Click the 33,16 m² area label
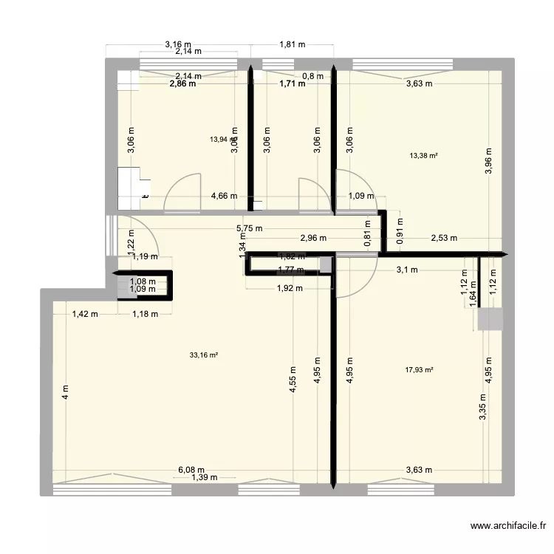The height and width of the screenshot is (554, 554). pyautogui.click(x=204, y=355)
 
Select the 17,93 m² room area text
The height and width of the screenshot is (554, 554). pyautogui.click(x=419, y=371)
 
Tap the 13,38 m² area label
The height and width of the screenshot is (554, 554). pyautogui.click(x=423, y=155)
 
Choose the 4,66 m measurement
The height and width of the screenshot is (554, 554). pyautogui.click(x=224, y=196)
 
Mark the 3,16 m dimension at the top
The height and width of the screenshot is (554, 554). pyautogui.click(x=177, y=44)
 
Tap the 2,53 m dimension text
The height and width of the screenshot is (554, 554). pyautogui.click(x=444, y=238)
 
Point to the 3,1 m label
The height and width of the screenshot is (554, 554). pyautogui.click(x=406, y=270)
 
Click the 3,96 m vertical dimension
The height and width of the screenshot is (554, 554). pyautogui.click(x=488, y=160)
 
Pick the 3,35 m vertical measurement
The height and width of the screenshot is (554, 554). pyautogui.click(x=482, y=407)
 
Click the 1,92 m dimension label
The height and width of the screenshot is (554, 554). pyautogui.click(x=289, y=289)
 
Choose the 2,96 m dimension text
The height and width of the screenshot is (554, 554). pyautogui.click(x=314, y=238)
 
